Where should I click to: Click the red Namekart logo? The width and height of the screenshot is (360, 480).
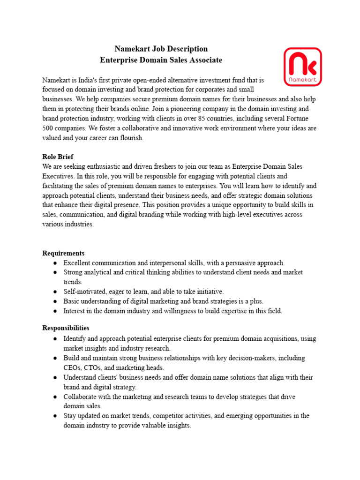(303, 67)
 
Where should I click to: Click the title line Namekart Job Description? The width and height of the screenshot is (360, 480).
(161, 49)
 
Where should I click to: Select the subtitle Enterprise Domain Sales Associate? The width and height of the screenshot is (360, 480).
(161, 60)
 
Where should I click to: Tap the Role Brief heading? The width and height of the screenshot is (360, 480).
(58, 157)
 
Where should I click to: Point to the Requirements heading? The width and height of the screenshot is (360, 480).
(63, 253)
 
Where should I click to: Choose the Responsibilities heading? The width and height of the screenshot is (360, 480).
(66, 328)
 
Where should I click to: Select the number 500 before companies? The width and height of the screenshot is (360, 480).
(48, 128)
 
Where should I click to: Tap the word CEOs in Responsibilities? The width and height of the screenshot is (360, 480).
(73, 368)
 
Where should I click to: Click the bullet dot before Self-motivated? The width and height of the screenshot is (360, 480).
(55, 292)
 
